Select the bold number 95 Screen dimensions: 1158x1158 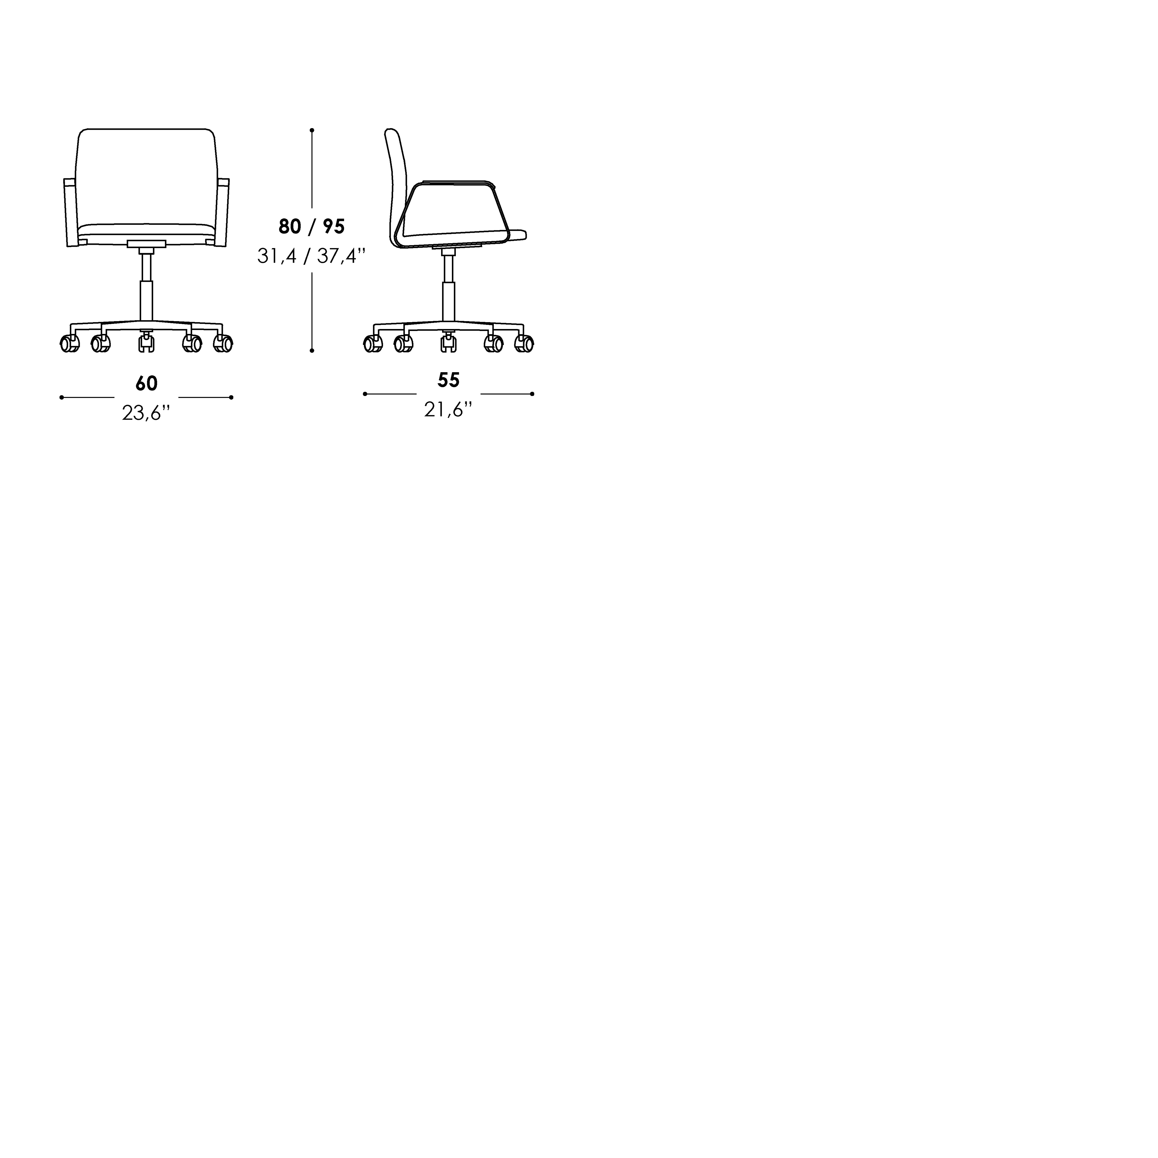pos(334,226)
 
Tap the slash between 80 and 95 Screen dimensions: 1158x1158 pos(312,226)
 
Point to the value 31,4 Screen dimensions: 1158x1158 pos(276,256)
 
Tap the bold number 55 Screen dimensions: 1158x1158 pos(448,380)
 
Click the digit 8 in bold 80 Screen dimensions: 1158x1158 pos(284,226)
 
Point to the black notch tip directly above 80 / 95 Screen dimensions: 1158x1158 pos(312,207)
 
